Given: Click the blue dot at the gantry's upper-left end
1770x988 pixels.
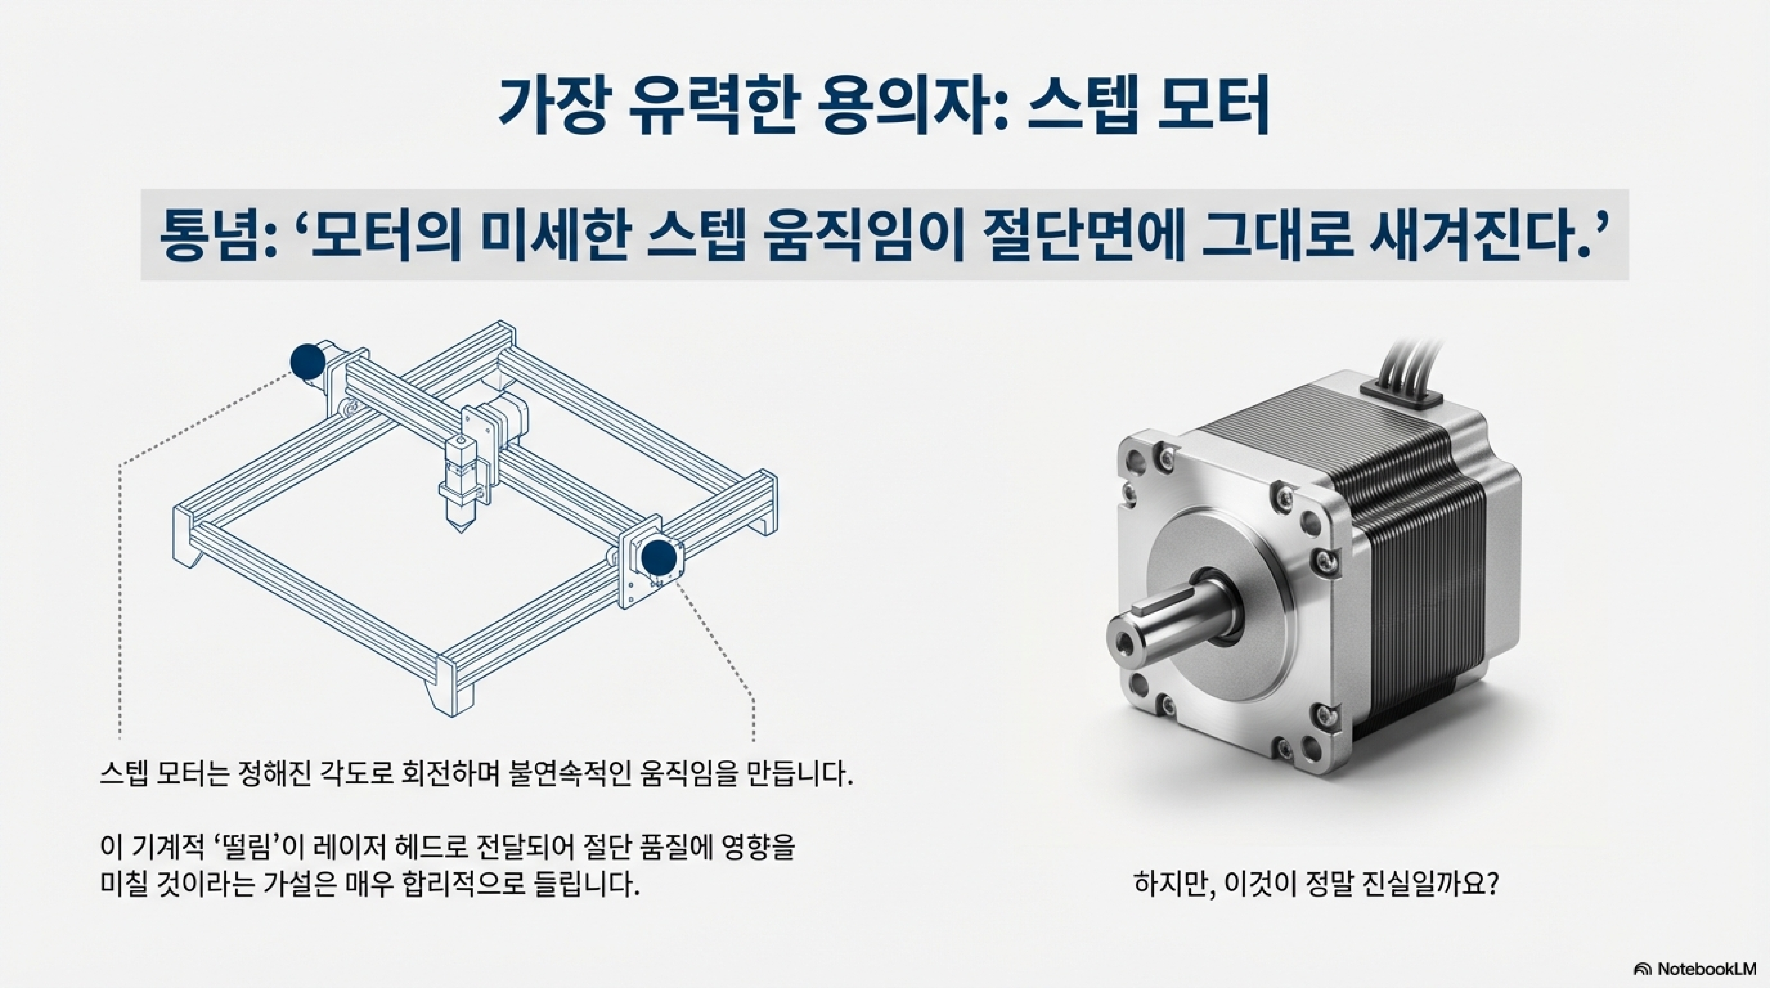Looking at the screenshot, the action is [308, 362].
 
